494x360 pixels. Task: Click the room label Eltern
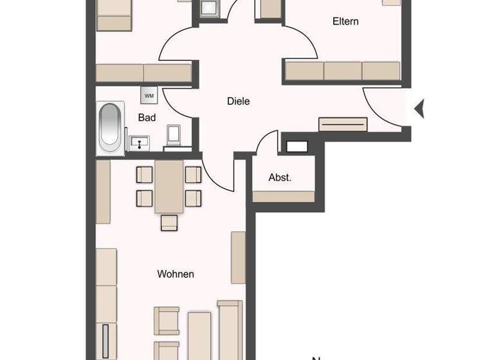[x=345, y=21]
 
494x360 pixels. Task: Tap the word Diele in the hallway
[x=238, y=101]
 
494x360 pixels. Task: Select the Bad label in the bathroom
[x=147, y=118]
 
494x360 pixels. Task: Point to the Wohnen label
[x=176, y=274]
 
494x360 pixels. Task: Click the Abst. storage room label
[x=280, y=177]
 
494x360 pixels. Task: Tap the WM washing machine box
[x=149, y=96]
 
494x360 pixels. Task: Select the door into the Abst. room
[x=267, y=145]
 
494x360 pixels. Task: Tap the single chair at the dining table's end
[x=169, y=222]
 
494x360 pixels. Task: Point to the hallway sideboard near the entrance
[x=343, y=124]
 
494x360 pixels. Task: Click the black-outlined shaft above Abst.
[x=297, y=146]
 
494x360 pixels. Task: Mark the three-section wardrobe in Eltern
[x=343, y=71]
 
